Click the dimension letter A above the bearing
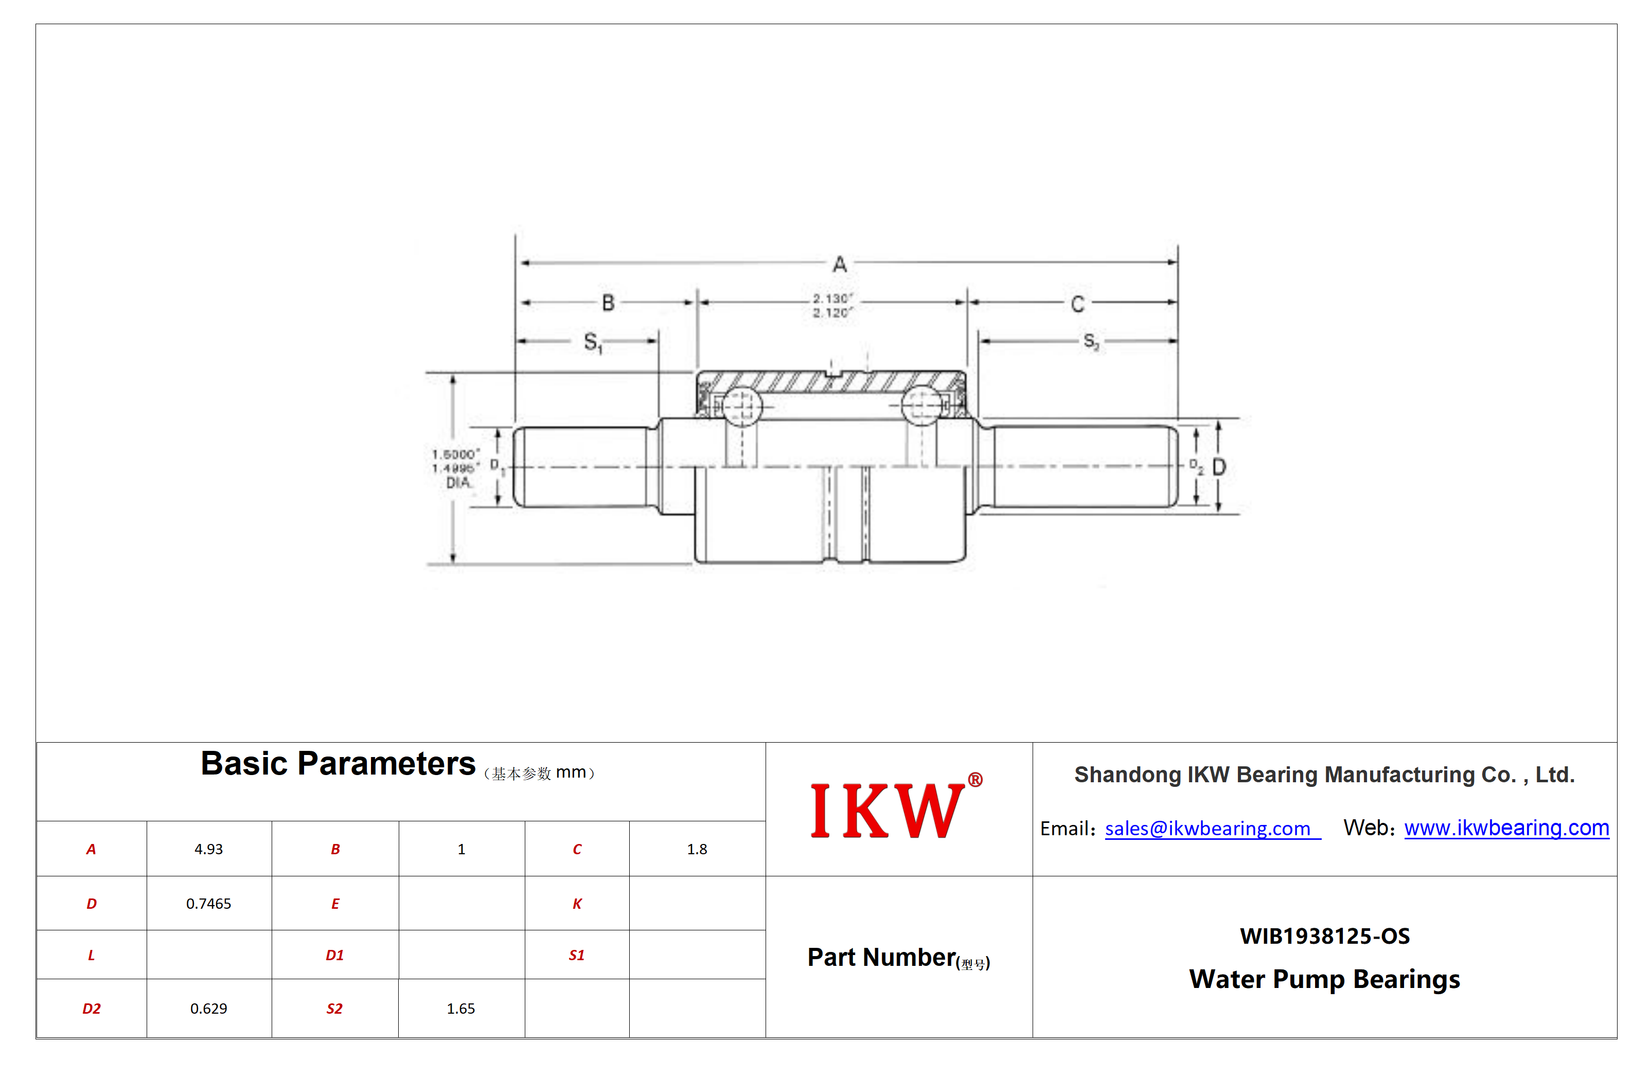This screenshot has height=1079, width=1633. point(839,264)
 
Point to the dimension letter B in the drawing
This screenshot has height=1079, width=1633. point(608,303)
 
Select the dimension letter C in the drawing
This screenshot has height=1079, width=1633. point(1077,304)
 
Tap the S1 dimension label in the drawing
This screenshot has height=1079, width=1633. point(593,343)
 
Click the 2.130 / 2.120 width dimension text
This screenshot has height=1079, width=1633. point(832,305)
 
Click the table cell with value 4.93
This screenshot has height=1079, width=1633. point(208,849)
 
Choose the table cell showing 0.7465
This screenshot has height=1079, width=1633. point(208,904)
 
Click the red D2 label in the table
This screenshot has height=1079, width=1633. point(92,1009)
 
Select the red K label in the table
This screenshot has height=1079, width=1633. point(577,904)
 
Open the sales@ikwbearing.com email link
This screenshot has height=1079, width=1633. point(1208,829)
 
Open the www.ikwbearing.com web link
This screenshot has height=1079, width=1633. point(1506,828)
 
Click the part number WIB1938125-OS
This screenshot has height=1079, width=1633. point(1325,936)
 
